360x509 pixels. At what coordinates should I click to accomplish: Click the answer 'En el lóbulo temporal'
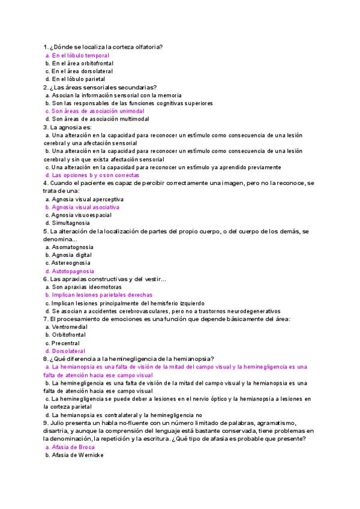pos(80,55)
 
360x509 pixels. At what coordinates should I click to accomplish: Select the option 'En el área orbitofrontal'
pos(82,63)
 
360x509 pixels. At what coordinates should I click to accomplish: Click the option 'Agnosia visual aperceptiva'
pos(88,199)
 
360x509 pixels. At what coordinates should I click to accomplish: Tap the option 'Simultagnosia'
pos(71,223)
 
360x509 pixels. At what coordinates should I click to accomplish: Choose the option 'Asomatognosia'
pos(73,247)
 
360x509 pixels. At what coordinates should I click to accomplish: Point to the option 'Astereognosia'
pos(71,263)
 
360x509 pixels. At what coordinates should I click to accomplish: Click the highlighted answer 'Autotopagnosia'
pos(73,271)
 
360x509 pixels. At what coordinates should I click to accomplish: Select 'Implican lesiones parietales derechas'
pos(102,295)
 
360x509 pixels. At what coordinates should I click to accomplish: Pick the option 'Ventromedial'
pos(70,327)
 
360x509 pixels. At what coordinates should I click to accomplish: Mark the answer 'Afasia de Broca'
pos(74,447)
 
